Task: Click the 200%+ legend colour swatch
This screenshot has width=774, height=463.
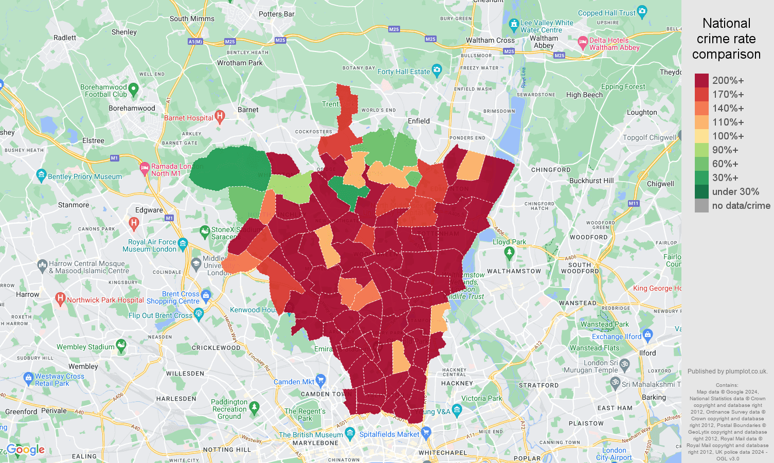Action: [701, 80]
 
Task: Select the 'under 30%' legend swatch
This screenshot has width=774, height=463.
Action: [701, 191]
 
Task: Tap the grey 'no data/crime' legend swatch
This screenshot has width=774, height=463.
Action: [701, 206]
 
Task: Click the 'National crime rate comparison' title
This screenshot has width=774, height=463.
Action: [726, 39]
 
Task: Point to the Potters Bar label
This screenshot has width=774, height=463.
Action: [277, 14]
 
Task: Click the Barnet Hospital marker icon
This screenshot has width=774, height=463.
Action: [220, 116]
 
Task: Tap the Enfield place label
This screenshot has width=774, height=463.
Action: [419, 121]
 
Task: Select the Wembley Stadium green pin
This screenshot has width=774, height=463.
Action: [121, 345]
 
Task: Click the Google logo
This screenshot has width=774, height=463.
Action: [26, 450]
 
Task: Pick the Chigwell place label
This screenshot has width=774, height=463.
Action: [660, 184]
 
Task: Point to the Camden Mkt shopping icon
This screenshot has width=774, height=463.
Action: [321, 380]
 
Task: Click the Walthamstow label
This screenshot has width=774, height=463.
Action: [514, 271]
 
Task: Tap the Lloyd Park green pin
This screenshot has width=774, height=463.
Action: [509, 252]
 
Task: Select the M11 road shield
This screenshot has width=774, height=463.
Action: [633, 203]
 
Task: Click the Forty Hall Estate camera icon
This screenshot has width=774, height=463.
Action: [437, 69]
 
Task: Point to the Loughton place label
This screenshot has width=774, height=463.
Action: [642, 112]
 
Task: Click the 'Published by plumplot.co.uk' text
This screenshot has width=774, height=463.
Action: [727, 371]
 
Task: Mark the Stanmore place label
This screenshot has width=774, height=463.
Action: [74, 205]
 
